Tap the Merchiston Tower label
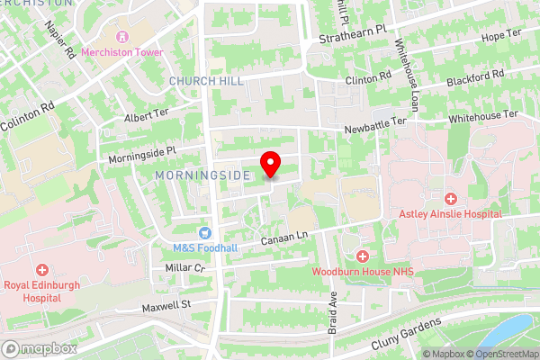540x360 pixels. [122, 52]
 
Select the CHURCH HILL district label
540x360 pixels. [193, 81]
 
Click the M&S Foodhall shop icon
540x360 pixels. [204, 233]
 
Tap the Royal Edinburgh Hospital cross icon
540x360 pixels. [42, 270]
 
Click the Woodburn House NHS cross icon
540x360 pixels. [362, 256]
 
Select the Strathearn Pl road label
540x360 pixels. [353, 34]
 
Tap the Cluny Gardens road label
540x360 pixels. [408, 333]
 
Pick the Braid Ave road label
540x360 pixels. [332, 310]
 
